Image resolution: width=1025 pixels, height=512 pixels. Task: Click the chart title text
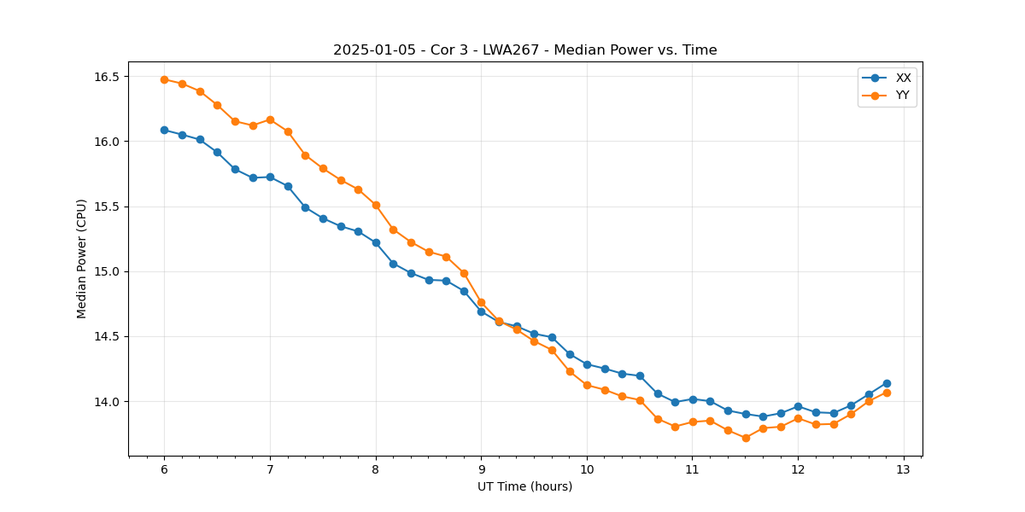coord(524,50)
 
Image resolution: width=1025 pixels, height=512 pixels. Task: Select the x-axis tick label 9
coord(481,470)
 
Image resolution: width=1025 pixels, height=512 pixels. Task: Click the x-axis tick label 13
coord(904,470)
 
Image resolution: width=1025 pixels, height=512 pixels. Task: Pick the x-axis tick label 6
coord(164,470)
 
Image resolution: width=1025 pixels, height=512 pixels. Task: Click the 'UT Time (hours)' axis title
coord(524,487)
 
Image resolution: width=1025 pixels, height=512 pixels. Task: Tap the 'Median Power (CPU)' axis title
coord(82,259)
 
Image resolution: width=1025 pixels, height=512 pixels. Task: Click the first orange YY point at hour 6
coord(164,79)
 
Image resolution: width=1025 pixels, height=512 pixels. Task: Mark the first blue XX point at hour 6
coord(164,130)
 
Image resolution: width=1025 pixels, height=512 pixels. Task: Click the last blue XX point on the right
coord(887,383)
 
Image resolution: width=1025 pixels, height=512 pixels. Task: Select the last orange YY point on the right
coord(887,393)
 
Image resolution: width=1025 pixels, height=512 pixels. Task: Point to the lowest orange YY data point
coord(746,438)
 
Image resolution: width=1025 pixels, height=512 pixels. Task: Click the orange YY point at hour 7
coord(270,119)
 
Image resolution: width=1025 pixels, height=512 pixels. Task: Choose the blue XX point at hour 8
coord(376,242)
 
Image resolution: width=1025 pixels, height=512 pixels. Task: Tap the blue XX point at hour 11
coord(693,399)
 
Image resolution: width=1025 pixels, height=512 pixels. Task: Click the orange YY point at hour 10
coord(587,385)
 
